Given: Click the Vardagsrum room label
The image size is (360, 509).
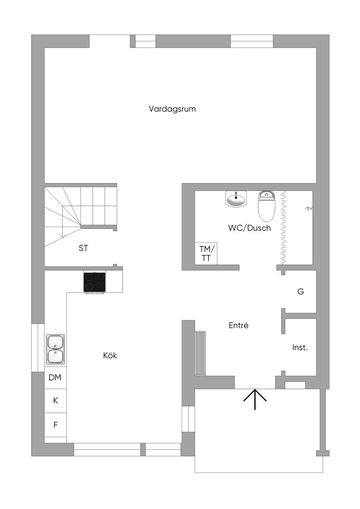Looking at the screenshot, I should [x=172, y=109].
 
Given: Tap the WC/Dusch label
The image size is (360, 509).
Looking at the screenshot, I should [x=249, y=228].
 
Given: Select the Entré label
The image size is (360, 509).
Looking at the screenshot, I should [x=238, y=325].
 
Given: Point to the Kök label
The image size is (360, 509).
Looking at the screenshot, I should [x=110, y=355].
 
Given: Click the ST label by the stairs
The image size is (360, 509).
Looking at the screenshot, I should [x=83, y=248].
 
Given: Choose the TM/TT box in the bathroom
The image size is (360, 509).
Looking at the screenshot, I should [x=206, y=253].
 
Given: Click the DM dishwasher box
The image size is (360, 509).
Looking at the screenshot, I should [x=55, y=378].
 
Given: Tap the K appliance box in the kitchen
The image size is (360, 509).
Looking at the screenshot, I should [x=55, y=400].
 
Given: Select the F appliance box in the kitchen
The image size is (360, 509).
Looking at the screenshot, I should [x=55, y=425].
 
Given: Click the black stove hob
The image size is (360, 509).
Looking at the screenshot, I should [x=94, y=282].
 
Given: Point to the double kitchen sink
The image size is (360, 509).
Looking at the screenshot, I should [x=55, y=349].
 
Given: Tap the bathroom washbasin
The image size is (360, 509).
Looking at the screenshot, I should [x=236, y=200].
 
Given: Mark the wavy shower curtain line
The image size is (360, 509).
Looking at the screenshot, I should [x=283, y=228].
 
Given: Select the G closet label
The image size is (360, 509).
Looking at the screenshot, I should [x=301, y=292].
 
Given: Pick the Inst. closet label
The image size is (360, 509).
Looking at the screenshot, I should [x=300, y=348].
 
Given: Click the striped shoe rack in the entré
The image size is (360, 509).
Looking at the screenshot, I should [x=200, y=353].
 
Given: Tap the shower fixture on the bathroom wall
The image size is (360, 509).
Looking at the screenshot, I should [x=308, y=209].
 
